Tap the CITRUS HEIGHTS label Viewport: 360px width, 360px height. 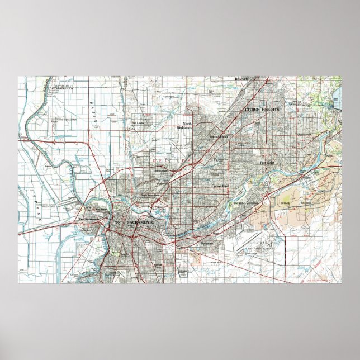tap(262, 110)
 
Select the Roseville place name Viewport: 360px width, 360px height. tap(241, 79)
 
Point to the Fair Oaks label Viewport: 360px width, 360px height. tap(268, 163)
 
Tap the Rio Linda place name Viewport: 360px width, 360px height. tap(138, 122)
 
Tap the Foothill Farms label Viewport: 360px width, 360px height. tap(219, 136)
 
